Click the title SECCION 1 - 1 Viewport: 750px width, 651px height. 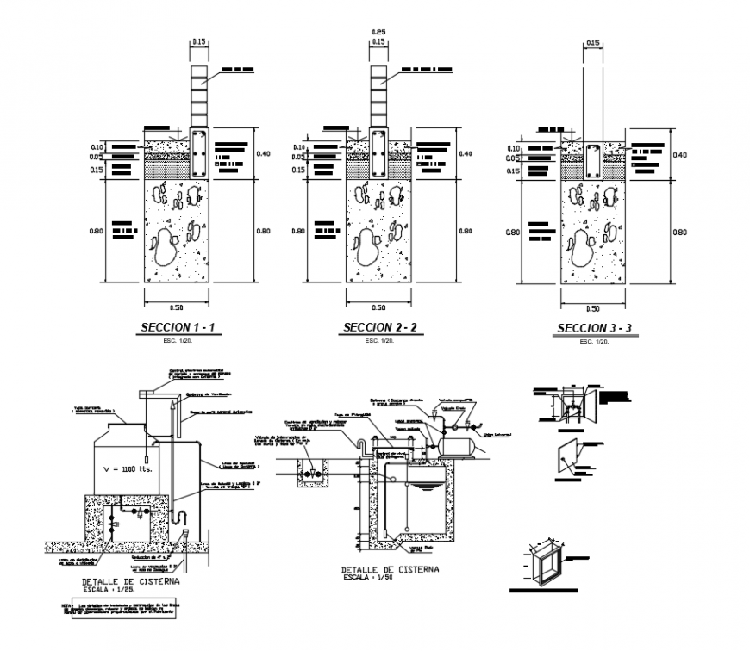(x=178, y=328)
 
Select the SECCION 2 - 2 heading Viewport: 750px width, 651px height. (x=380, y=327)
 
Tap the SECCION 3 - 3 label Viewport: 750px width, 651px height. (x=595, y=328)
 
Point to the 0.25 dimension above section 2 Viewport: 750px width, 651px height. (x=378, y=33)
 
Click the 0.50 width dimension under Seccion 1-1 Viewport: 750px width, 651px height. (x=175, y=307)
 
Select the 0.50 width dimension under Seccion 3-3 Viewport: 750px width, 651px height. (x=592, y=308)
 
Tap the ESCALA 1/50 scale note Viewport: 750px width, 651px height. (x=391, y=578)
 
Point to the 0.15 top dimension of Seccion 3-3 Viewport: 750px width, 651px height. (x=592, y=42)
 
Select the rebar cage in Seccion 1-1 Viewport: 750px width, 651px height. (x=199, y=153)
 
